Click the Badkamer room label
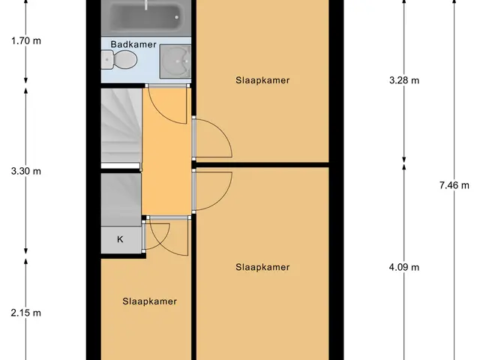(x=133, y=44)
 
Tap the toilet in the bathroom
(x=119, y=59)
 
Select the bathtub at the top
(x=146, y=17)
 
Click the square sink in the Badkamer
(x=175, y=61)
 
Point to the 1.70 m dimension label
(x=26, y=40)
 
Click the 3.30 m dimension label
(x=26, y=171)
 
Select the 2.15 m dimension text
(x=26, y=313)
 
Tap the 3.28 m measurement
(x=404, y=80)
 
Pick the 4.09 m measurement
(x=404, y=267)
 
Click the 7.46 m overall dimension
(x=454, y=185)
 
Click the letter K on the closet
(x=120, y=239)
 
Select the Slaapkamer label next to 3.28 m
(x=262, y=80)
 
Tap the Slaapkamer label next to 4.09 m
(x=262, y=267)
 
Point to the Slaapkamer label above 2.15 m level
(x=150, y=301)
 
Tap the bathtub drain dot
(x=177, y=17)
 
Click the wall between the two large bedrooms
(x=262, y=165)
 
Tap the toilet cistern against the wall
(x=107, y=59)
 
